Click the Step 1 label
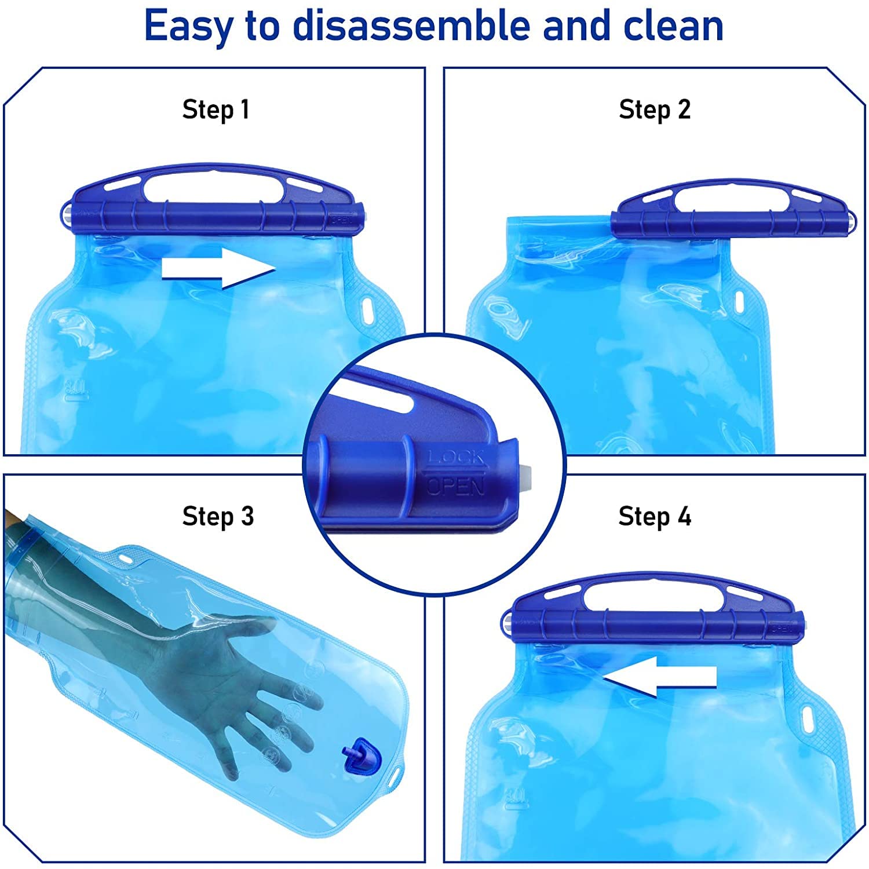216,109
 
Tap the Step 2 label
655,109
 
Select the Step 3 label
218,516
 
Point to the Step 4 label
655,516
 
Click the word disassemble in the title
412,25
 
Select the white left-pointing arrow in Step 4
659,676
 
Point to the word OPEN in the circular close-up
455,485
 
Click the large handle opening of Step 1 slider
214,187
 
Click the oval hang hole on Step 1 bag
367,305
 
